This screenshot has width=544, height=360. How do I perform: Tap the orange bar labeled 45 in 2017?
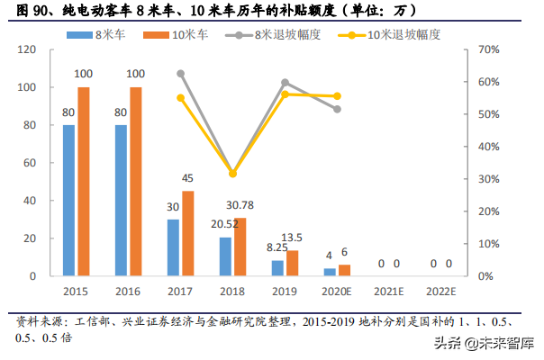click(x=187, y=233)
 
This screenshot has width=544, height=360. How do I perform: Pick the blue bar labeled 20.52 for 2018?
click(x=225, y=256)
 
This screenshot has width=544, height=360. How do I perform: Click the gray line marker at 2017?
click(x=180, y=73)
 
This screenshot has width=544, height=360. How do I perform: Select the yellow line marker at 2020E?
click(x=337, y=95)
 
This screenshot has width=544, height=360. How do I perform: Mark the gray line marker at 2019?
click(x=285, y=82)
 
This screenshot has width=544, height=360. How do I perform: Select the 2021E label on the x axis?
click(x=390, y=292)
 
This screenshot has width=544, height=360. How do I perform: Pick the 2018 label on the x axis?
click(x=232, y=292)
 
